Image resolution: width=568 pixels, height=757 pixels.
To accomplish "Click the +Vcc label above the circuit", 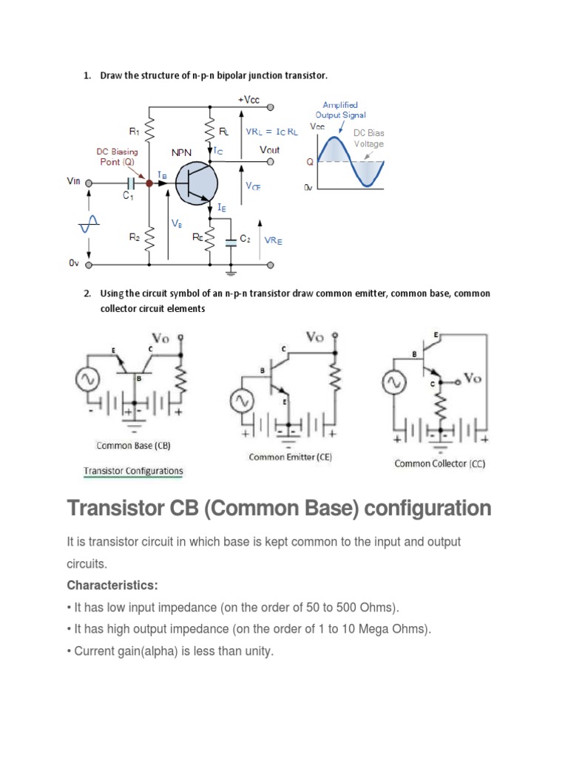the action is click(x=248, y=99).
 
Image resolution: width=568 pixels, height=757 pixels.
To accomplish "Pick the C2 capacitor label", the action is click(x=246, y=240).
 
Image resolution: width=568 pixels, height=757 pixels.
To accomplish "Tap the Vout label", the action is click(x=270, y=149).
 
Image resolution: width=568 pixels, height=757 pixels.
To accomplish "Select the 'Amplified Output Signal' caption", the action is click(x=340, y=110).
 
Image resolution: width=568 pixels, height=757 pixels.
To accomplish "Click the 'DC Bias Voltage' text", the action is click(x=368, y=138).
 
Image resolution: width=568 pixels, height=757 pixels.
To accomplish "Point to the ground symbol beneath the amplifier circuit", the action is click(x=231, y=272).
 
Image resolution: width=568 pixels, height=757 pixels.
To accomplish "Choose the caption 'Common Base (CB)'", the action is click(x=135, y=446).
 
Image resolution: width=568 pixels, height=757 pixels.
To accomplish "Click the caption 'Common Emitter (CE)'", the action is click(x=290, y=457).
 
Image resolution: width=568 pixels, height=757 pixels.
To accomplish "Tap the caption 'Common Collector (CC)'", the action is click(x=441, y=464).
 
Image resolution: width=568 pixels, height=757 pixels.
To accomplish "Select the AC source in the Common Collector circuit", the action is click(x=393, y=383).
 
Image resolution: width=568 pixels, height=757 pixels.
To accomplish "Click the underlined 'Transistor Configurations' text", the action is click(x=133, y=471).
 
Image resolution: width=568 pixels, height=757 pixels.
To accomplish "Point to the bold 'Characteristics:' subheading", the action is click(x=112, y=585).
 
